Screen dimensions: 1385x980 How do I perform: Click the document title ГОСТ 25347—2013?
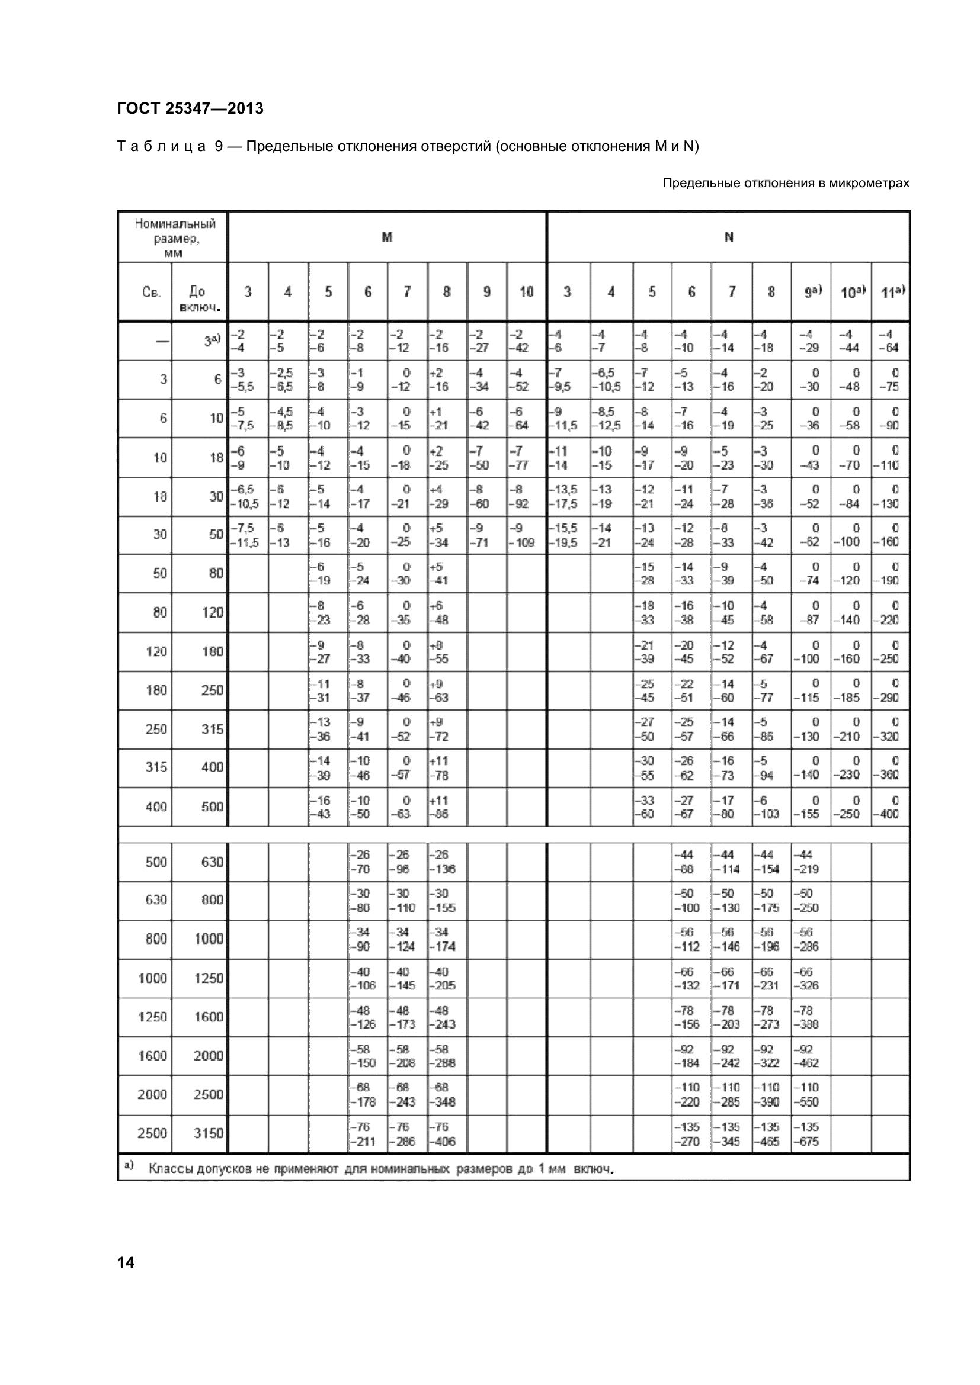[x=190, y=108]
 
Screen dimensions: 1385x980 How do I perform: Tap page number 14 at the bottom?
[x=126, y=1262]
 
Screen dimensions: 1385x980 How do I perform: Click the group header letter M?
[x=387, y=237]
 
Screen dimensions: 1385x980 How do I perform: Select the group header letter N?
[x=728, y=237]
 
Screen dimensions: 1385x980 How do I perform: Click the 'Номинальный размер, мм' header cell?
[x=174, y=237]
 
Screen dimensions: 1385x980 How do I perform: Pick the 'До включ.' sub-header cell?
[x=200, y=293]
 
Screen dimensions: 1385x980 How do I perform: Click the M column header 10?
[x=526, y=292]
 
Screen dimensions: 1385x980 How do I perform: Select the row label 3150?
[x=208, y=1133]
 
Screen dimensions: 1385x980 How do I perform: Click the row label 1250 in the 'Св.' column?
[x=152, y=1017]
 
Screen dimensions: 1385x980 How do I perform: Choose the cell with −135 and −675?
[x=811, y=1134]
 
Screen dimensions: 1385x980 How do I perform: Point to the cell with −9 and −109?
[x=526, y=535]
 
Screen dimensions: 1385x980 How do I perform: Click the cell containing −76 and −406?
[x=447, y=1134]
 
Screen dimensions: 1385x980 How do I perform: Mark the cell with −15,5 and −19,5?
[x=567, y=535]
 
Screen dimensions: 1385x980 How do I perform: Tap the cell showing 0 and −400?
[x=890, y=806]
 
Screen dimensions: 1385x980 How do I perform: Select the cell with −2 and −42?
[x=526, y=341]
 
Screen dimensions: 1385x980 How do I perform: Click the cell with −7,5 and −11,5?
[x=248, y=535]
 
